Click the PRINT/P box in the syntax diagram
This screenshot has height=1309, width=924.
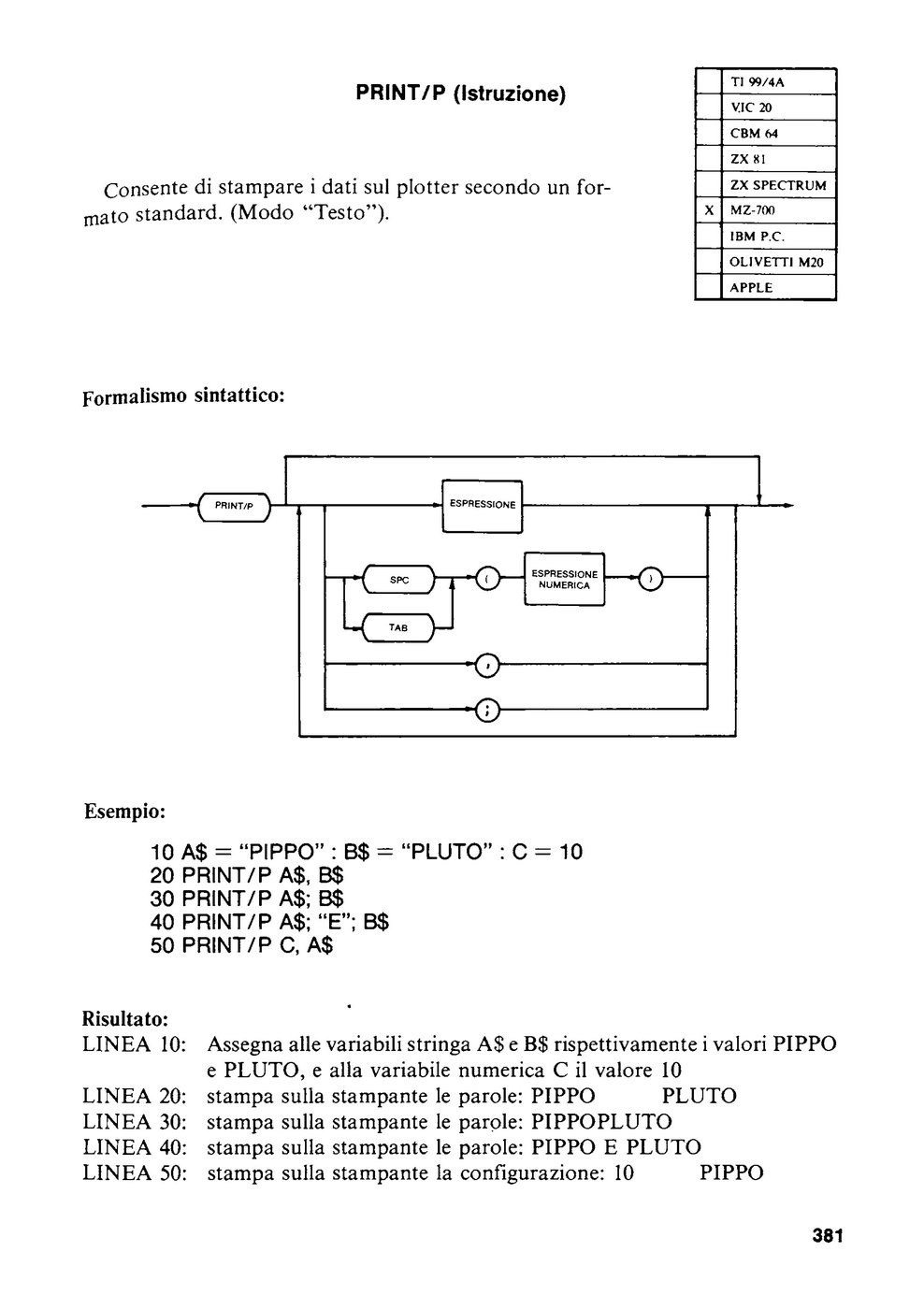[x=235, y=506]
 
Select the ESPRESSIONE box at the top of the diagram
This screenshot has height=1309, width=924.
[x=483, y=506]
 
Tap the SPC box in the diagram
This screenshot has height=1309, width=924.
[x=399, y=580]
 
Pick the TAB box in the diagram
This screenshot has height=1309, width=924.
[x=399, y=627]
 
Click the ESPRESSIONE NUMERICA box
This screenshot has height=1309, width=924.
[x=565, y=579]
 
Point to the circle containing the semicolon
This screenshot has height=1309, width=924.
[x=487, y=711]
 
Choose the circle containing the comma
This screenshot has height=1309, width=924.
[x=487, y=666]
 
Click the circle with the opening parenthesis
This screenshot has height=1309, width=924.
[x=488, y=579]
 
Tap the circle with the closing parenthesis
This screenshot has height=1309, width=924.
[x=652, y=579]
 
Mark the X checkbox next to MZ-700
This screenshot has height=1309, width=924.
[x=709, y=210]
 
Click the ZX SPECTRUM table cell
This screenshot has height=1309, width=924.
[x=779, y=185]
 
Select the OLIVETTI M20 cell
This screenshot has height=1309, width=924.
[x=779, y=262]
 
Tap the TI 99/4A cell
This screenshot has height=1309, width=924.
[x=779, y=82]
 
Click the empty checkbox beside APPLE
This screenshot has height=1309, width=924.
[x=709, y=287]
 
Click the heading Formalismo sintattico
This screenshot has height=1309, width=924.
[x=183, y=396]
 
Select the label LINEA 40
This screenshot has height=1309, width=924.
[x=135, y=1147]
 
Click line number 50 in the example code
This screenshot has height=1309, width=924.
[x=163, y=945]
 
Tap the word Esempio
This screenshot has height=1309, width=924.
[x=125, y=813]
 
